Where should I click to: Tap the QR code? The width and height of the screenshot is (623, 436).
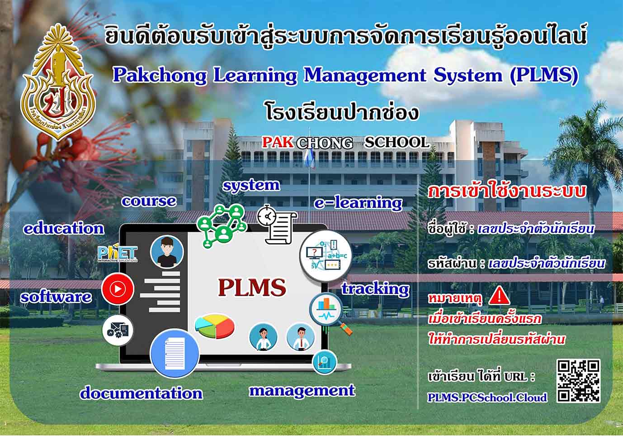point(578,381)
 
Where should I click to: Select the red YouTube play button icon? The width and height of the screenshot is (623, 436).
point(118,289)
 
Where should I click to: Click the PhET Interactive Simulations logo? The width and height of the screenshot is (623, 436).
point(118,253)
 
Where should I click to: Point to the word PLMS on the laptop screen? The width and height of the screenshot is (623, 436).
point(252,287)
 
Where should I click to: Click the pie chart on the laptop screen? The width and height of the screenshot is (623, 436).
point(214,326)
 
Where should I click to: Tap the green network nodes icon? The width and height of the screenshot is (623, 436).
point(222,227)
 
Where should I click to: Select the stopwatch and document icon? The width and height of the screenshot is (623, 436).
point(276,225)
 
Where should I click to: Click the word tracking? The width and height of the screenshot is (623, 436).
point(375,289)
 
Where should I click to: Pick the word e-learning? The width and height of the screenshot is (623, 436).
point(358,203)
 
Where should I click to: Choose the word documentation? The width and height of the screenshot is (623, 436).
point(142,393)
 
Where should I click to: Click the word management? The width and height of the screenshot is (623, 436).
point(302,391)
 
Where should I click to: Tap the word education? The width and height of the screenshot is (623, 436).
point(64,229)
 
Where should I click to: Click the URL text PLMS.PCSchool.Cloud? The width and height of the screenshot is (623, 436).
point(487,397)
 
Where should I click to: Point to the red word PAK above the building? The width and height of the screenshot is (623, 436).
point(278,142)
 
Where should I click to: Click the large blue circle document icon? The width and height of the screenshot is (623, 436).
point(175,353)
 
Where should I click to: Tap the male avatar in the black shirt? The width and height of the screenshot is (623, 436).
point(167,252)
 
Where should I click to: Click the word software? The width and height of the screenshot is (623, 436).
point(56,297)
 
